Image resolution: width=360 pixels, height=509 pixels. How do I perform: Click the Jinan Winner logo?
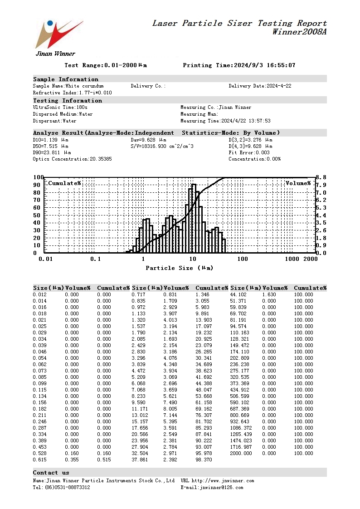point(58,36)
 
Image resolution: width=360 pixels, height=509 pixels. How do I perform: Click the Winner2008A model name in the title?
point(299,32)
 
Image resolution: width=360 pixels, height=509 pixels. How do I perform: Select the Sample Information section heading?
point(66,79)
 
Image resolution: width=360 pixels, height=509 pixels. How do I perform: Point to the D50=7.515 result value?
point(51,146)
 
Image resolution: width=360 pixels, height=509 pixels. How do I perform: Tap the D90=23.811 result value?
point(51,153)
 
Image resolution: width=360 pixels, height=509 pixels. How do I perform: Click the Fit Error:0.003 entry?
point(250,153)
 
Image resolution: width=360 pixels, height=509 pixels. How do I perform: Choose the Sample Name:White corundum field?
point(68,86)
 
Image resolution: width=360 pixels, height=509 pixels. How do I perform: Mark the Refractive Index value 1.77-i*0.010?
point(95,93)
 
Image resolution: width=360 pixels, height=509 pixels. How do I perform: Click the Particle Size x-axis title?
point(179,268)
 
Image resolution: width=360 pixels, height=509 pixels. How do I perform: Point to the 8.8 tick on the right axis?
point(321,177)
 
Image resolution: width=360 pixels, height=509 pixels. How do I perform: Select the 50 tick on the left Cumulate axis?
point(38,215)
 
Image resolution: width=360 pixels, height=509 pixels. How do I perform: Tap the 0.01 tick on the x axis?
point(45,259)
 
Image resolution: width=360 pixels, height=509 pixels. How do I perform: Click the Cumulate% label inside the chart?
point(64,183)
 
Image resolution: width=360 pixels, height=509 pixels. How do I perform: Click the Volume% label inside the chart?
point(298,183)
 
